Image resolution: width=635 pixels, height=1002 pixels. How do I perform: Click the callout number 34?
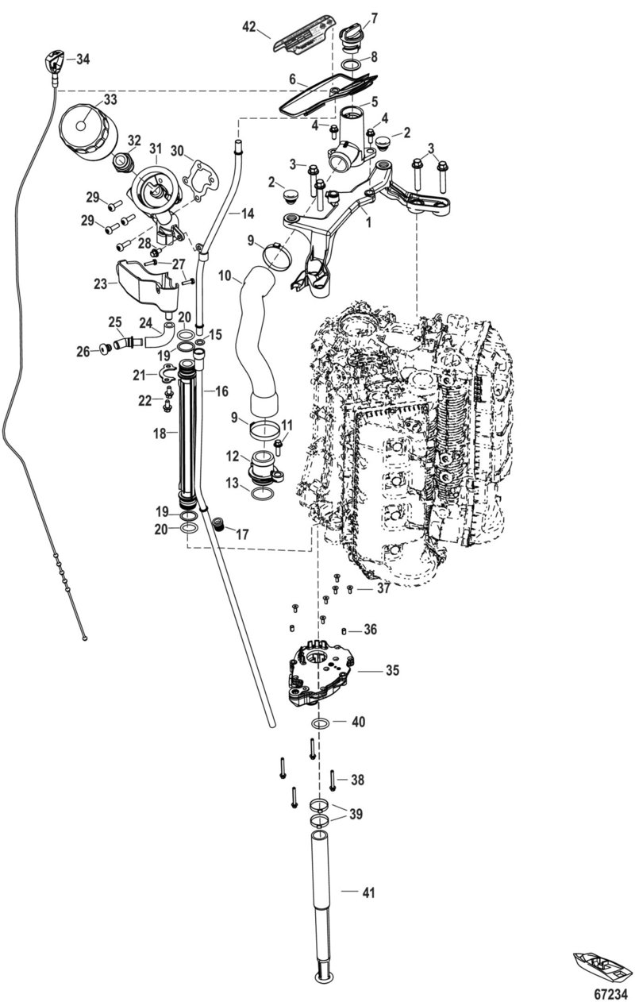(83, 59)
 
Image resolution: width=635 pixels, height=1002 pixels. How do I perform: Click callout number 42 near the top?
(249, 27)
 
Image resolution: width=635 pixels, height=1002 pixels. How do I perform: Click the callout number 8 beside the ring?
(375, 57)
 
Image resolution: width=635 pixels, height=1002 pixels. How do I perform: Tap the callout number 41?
(368, 893)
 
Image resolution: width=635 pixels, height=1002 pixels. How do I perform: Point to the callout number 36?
(369, 630)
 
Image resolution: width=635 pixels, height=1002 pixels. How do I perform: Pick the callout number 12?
(233, 457)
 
